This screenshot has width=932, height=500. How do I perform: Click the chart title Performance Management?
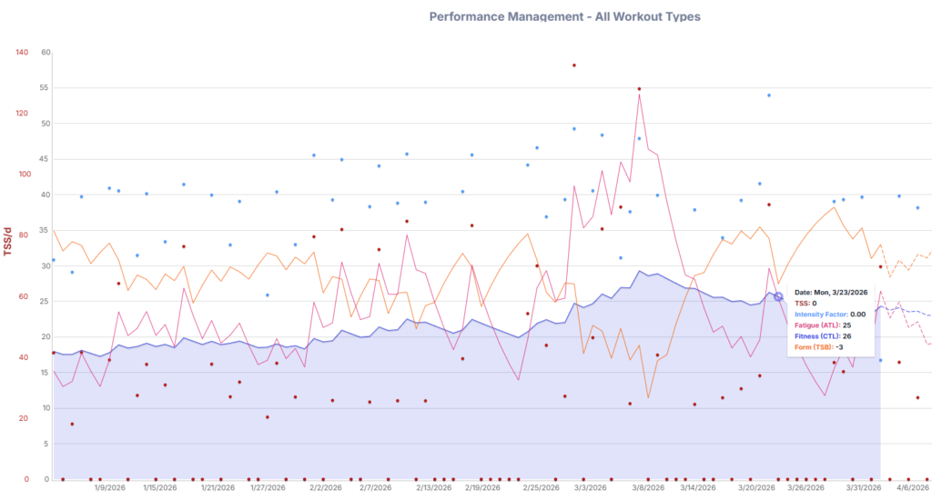click(x=564, y=16)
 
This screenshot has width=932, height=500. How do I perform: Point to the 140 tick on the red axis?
click(x=23, y=52)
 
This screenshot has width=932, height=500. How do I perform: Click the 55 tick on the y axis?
click(x=46, y=88)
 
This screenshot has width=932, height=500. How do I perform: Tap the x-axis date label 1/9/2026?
click(x=109, y=487)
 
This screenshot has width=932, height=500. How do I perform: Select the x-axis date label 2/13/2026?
click(x=431, y=487)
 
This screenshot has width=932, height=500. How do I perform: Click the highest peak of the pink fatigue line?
click(x=640, y=94)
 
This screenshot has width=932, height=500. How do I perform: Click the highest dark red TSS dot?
click(x=573, y=65)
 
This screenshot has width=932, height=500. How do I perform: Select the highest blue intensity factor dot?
click(x=769, y=95)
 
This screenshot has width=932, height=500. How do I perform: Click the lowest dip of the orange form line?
click(x=648, y=397)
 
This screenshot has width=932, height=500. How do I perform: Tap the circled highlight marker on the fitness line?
click(x=778, y=296)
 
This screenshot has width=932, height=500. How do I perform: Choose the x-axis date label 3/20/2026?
click(x=756, y=487)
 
